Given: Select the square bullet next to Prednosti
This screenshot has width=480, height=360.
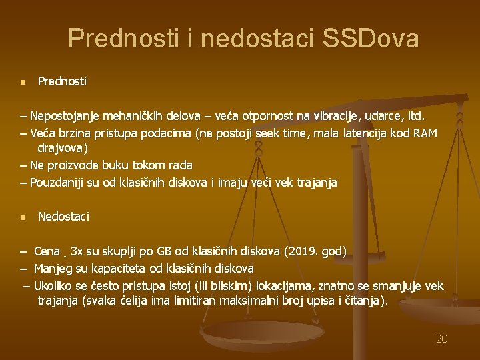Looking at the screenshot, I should pyautogui.click(x=22, y=83).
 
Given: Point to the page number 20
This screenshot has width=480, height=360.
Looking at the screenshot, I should pyautogui.click(x=441, y=339).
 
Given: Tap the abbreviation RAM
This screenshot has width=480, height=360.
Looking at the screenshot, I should pyautogui.click(x=425, y=133).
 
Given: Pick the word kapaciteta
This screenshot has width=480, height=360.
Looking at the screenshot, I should pyautogui.click(x=114, y=269).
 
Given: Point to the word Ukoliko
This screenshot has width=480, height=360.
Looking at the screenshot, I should pyautogui.click(x=53, y=286).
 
